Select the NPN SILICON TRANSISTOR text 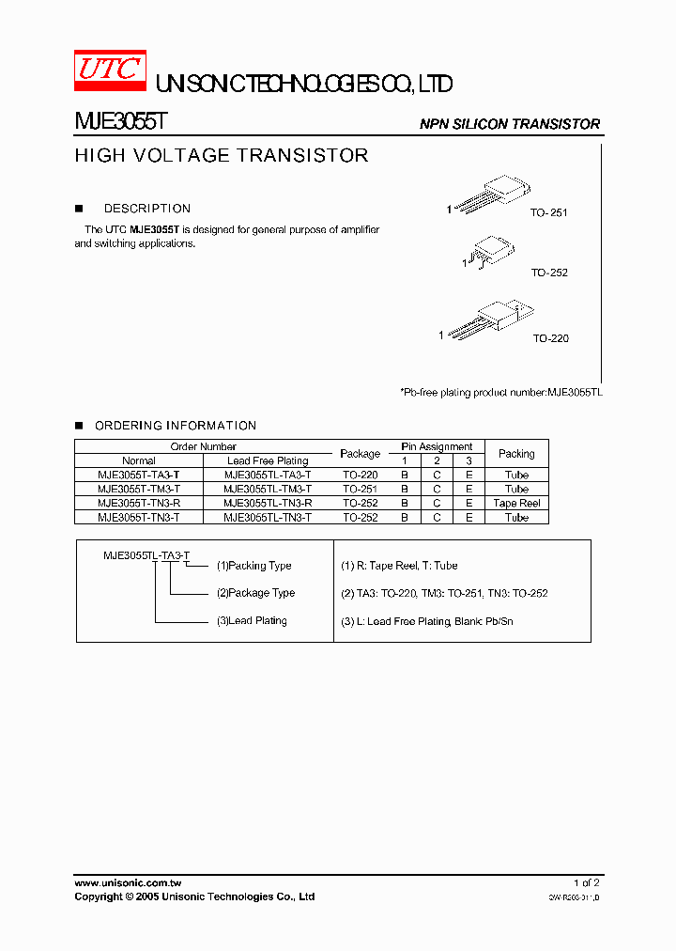509,124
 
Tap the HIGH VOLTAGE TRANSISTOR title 222,156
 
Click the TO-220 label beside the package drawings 550,338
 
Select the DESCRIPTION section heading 146,209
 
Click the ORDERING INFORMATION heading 176,426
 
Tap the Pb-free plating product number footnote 500,391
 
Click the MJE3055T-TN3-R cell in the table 138,503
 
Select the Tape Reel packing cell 516,503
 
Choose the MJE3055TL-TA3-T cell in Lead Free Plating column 268,475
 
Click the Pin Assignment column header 437,446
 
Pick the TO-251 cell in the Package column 360,489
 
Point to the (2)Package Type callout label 255,593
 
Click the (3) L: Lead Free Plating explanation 426,621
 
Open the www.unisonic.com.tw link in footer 128,883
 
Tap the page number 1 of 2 586,883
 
